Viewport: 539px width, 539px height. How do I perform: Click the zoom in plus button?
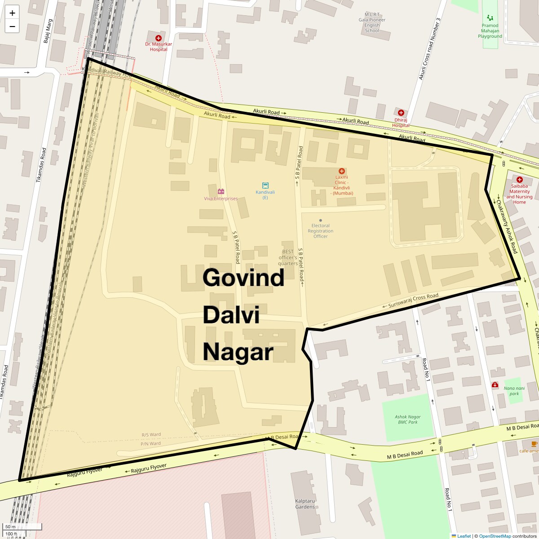click(x=12, y=13)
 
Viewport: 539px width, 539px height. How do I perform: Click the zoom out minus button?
click(x=12, y=27)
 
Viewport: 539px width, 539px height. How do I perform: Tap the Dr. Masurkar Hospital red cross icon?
click(x=158, y=38)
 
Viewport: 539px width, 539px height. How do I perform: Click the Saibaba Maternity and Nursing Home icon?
click(x=520, y=179)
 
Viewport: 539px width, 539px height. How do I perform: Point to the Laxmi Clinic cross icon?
click(x=342, y=171)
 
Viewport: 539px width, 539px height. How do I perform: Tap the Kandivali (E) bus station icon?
click(x=265, y=186)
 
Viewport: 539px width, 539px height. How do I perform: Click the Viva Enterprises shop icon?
click(x=221, y=191)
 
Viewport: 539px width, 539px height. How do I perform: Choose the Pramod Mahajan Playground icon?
click(x=490, y=18)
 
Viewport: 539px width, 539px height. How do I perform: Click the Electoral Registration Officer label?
click(x=320, y=231)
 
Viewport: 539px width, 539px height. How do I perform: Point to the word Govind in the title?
click(x=243, y=278)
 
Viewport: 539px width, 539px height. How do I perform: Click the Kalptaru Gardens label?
click(x=305, y=504)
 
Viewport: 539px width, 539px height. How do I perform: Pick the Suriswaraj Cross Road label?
click(x=413, y=300)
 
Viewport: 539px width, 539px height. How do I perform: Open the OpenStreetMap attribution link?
click(x=495, y=536)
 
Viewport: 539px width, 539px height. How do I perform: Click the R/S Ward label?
click(x=151, y=435)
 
